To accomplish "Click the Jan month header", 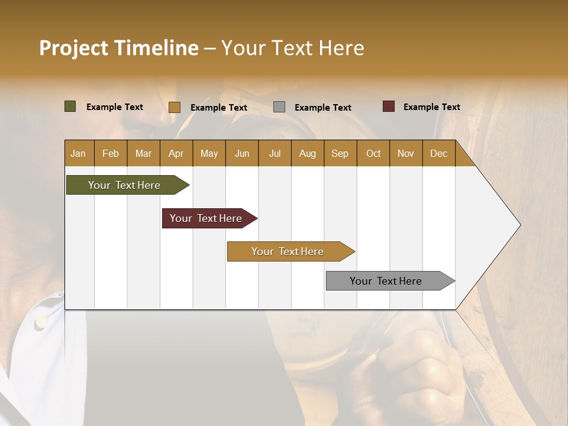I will [x=78, y=153].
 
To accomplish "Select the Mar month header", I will [x=143, y=153].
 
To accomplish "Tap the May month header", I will [x=209, y=153].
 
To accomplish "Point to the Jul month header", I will [x=275, y=153].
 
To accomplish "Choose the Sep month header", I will [x=340, y=153].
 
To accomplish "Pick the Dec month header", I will [x=438, y=153].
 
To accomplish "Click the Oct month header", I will [x=373, y=153].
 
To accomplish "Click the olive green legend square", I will [x=70, y=106].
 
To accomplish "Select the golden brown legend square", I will [x=174, y=107].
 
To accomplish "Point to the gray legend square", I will [x=279, y=107].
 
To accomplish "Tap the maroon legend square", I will [x=388, y=106].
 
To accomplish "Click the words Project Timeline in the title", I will [x=118, y=48].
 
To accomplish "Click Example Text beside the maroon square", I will [x=431, y=107].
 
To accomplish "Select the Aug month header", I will [x=307, y=153].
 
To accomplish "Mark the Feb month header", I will [x=111, y=153].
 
